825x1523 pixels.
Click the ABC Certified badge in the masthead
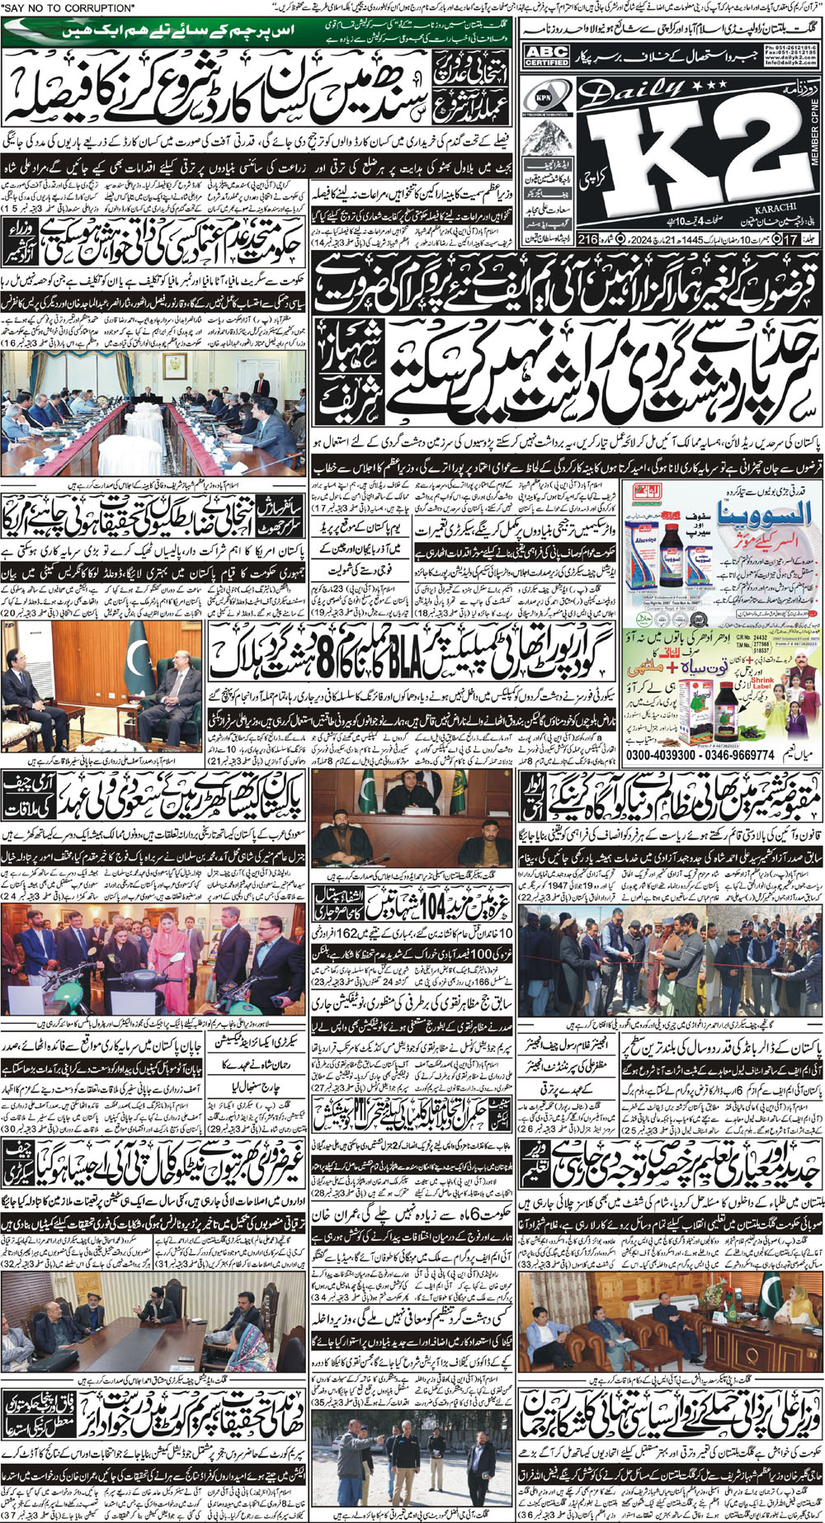(x=546, y=57)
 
